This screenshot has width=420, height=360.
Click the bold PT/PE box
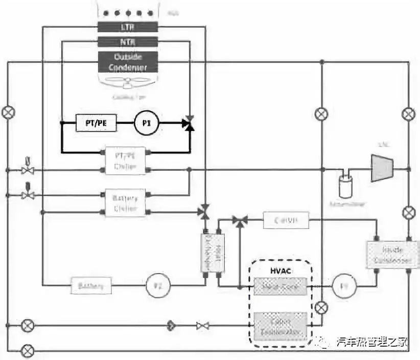click(96, 123)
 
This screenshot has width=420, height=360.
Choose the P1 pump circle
click(147, 123)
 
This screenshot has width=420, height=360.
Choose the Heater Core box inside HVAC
click(280, 287)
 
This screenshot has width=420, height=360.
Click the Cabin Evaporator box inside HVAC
click(280, 326)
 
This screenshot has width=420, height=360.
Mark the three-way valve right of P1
click(190, 123)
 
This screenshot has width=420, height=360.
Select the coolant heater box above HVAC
click(286, 221)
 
